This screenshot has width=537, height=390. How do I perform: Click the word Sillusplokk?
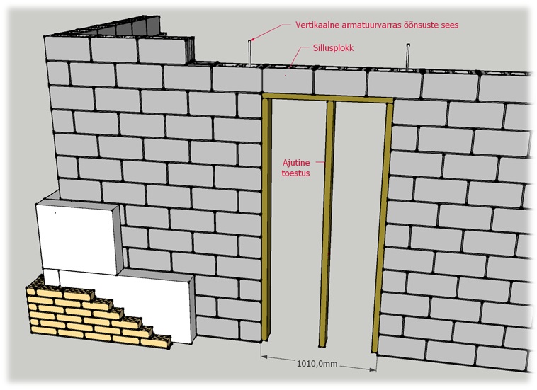click(333, 47)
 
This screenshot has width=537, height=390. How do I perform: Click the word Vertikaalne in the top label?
click(317, 25)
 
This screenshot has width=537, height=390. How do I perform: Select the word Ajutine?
click(296, 163)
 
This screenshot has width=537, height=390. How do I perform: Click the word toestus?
click(296, 173)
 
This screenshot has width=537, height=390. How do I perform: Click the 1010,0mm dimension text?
click(317, 364)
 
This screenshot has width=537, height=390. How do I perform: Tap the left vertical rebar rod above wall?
click(250, 52)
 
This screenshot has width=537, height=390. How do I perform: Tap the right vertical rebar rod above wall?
click(408, 57)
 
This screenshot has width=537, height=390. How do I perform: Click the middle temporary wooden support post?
click(327, 224)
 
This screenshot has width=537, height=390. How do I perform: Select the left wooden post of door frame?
click(267, 219)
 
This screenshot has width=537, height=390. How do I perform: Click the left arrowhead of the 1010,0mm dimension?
click(264, 356)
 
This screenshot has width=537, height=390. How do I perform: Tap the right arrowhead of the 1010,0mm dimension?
click(373, 369)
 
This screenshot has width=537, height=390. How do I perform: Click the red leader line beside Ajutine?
click(320, 162)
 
